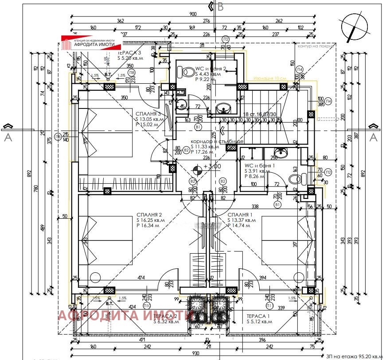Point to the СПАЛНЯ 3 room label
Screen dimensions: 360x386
pos(149,113)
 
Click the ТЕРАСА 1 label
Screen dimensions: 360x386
pos(259,316)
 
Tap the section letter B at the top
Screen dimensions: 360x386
pos(221,7)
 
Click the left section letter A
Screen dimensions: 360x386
pos(8,137)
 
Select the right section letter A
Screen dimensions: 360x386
pos(373,137)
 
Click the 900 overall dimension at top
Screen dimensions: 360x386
pos(192,14)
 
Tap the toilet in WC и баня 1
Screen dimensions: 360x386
pos(295,179)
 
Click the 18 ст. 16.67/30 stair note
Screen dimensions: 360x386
pos(260,114)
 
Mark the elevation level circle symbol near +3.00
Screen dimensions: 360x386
pos(197,167)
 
